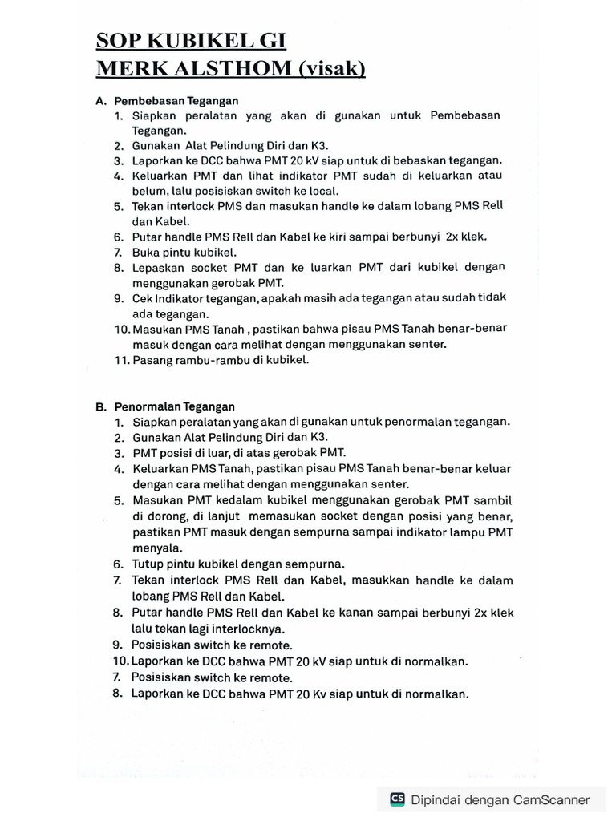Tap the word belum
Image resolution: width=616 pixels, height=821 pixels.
pos(149,191)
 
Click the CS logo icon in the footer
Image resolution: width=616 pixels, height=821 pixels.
pos(397,799)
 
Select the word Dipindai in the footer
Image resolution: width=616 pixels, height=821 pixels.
pos(436,799)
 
